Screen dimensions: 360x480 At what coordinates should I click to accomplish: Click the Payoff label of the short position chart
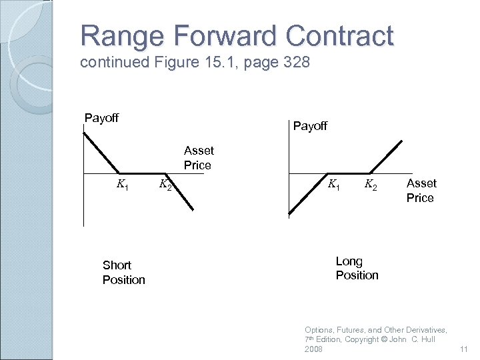click(x=101, y=118)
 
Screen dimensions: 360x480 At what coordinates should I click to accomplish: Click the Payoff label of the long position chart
click(x=310, y=125)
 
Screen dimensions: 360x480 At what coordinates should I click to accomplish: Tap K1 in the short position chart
click(x=123, y=184)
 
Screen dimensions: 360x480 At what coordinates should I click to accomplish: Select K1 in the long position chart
click(x=333, y=183)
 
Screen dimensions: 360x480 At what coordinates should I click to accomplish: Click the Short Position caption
click(x=123, y=273)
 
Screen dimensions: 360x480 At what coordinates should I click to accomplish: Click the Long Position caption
click(x=357, y=268)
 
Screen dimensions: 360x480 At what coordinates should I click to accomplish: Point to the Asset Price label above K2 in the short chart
click(x=198, y=158)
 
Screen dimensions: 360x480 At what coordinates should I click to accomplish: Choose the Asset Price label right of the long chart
click(x=421, y=190)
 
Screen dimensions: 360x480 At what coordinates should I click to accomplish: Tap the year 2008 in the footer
click(x=313, y=349)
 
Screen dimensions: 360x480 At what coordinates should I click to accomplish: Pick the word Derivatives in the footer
click(x=423, y=330)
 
